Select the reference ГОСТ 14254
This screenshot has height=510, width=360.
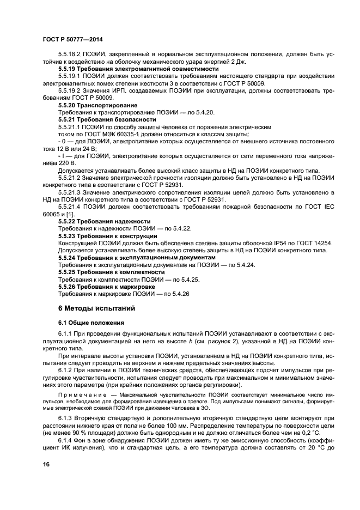(313, 242)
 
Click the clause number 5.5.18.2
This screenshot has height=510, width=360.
(69, 54)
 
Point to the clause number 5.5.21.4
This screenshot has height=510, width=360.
(69, 207)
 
